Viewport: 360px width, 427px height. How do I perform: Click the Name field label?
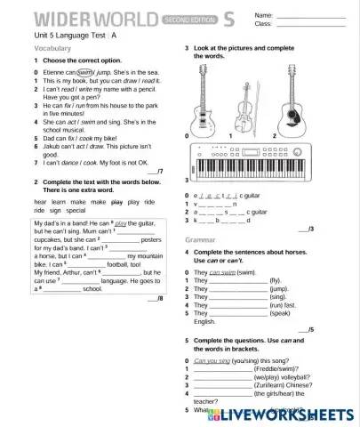(x=264, y=15)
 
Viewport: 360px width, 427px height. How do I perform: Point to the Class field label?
(x=263, y=24)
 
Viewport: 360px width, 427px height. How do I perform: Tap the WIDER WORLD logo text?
(x=84, y=17)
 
